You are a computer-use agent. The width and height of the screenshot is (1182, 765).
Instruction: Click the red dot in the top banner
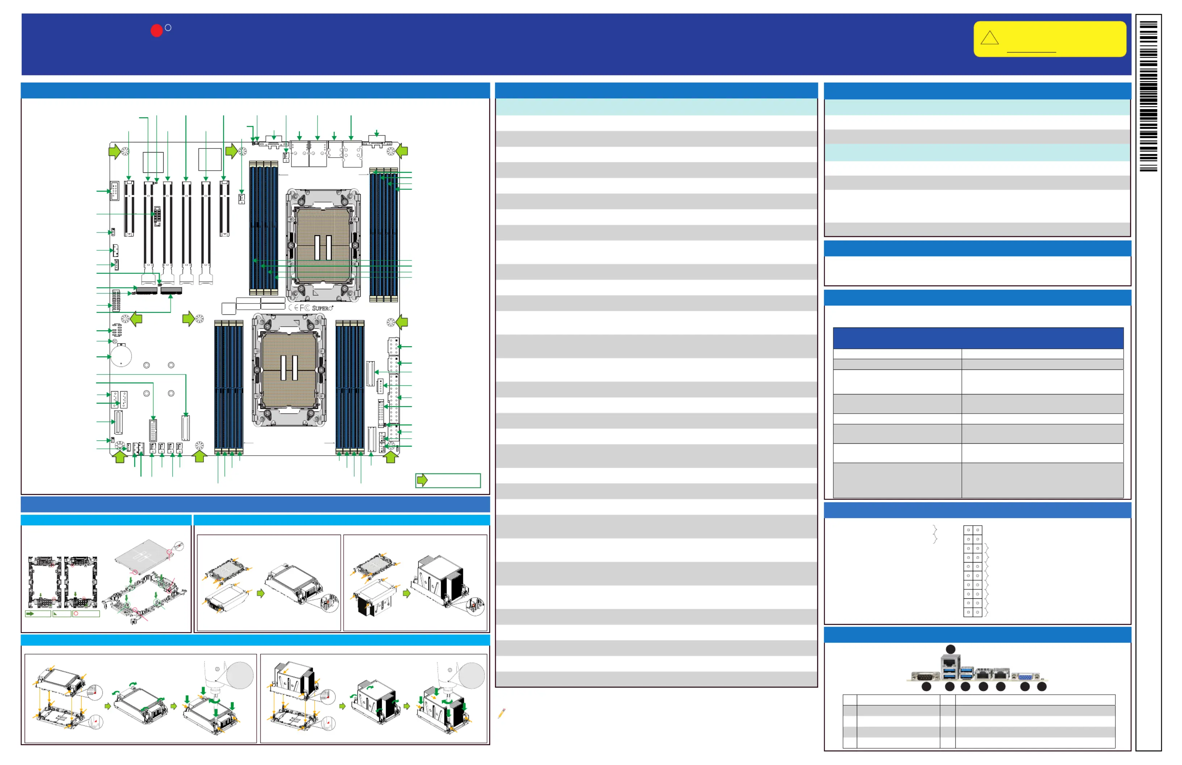tap(156, 31)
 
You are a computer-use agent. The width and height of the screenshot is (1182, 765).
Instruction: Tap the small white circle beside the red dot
tap(168, 28)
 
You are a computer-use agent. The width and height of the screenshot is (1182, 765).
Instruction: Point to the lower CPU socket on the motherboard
tap(289, 369)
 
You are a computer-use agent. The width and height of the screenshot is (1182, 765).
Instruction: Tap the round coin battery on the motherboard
tap(121, 355)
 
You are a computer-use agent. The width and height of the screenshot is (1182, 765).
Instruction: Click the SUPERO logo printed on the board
tap(322, 308)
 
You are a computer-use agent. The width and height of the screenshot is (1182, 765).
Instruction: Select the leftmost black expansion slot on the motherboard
tap(129, 209)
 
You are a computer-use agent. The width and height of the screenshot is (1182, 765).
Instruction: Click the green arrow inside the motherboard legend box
tap(422, 480)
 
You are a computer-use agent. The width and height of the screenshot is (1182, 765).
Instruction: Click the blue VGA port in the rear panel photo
tap(1026, 677)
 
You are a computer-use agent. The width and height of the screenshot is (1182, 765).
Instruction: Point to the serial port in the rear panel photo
tap(925, 677)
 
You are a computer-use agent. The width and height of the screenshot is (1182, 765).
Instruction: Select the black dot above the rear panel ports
tap(951, 649)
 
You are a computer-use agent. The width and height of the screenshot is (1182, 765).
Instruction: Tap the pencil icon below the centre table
tap(502, 713)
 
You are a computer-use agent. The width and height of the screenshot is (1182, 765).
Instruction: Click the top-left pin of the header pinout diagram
tap(968, 530)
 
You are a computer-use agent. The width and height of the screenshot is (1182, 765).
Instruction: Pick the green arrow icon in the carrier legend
tap(31, 614)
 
